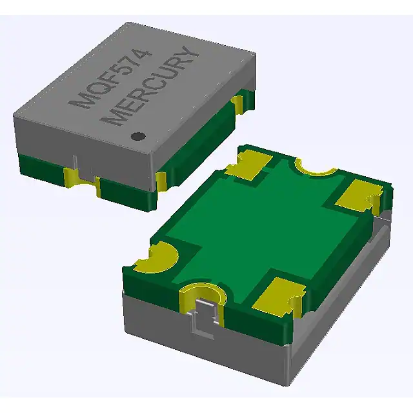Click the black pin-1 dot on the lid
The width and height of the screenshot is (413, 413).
click(x=137, y=136)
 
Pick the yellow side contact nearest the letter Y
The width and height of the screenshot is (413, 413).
click(x=237, y=103)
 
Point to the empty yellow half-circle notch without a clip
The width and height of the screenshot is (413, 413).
click(x=316, y=169)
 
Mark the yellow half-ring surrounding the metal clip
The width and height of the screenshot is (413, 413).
click(x=201, y=294)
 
